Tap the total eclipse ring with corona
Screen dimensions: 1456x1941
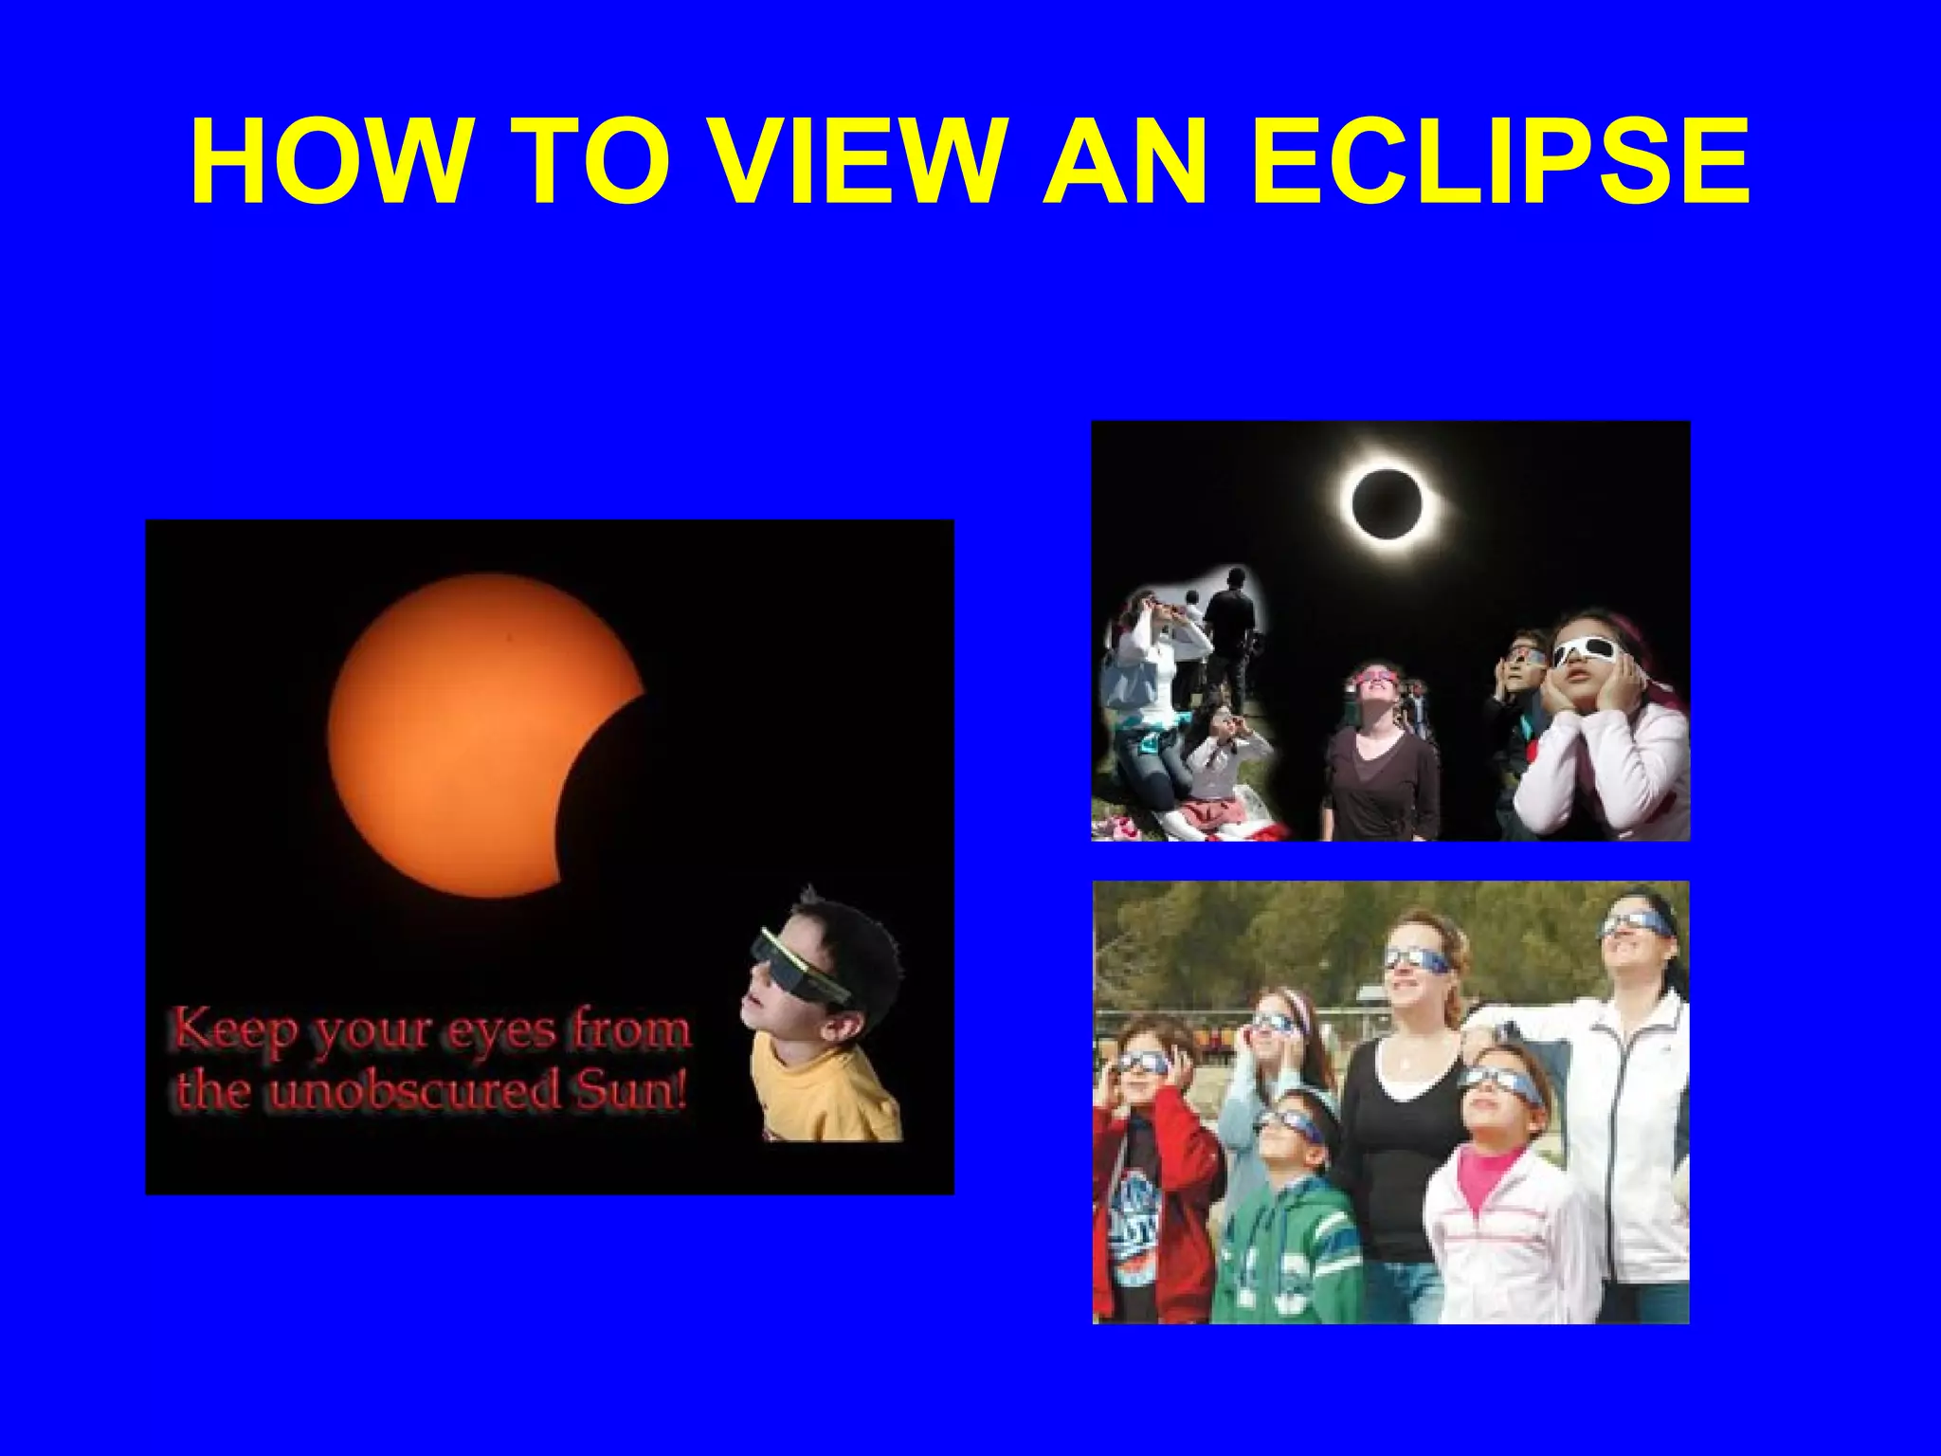pyautogui.click(x=1387, y=503)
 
